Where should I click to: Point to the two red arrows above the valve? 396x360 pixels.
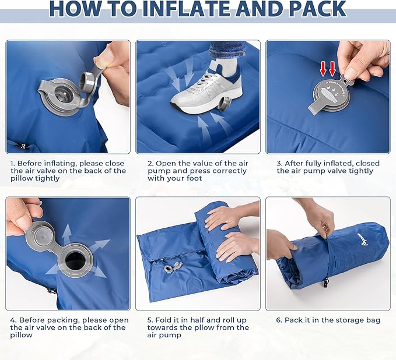point(327,69)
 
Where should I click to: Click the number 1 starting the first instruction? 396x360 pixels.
point(13,163)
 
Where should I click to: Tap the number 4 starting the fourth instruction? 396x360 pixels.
point(13,320)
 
